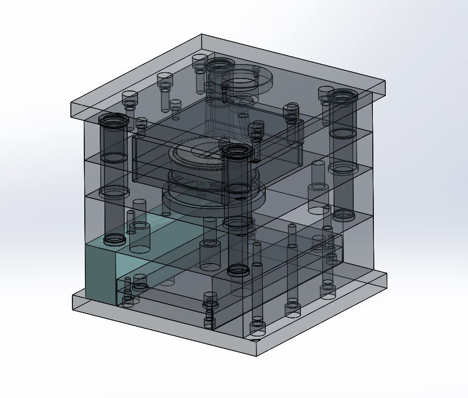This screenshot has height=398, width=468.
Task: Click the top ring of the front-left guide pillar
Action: (x=113, y=121)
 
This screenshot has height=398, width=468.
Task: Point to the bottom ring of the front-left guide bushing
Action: (x=114, y=239)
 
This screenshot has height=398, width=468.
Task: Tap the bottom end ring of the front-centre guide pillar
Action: (x=238, y=270)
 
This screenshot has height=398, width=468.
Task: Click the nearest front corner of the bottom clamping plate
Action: (x=257, y=355)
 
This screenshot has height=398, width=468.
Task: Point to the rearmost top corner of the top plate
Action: (x=202, y=35)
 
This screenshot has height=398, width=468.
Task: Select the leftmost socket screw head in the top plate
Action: (x=130, y=98)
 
